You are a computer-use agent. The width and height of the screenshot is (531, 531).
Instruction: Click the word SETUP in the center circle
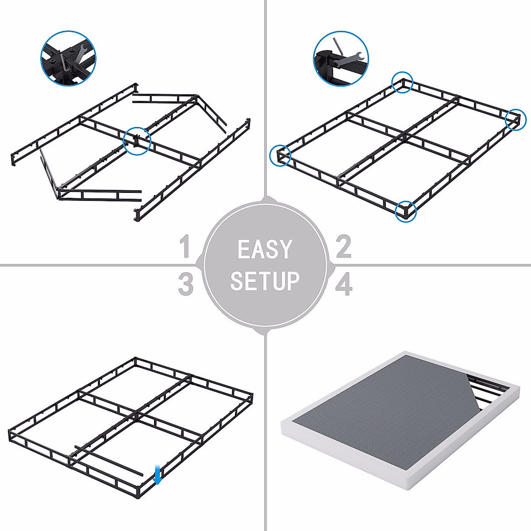(265, 281)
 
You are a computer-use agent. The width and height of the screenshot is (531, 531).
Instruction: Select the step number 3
(185, 284)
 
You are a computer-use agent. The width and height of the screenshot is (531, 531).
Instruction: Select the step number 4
(344, 284)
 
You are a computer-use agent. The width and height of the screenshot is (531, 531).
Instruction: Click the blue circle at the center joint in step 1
(137, 141)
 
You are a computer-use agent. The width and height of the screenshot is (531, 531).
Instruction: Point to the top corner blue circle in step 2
(402, 82)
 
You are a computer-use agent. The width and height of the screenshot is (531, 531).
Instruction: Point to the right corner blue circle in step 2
(516, 119)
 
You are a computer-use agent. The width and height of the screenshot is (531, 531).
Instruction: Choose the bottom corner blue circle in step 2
(406, 211)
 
